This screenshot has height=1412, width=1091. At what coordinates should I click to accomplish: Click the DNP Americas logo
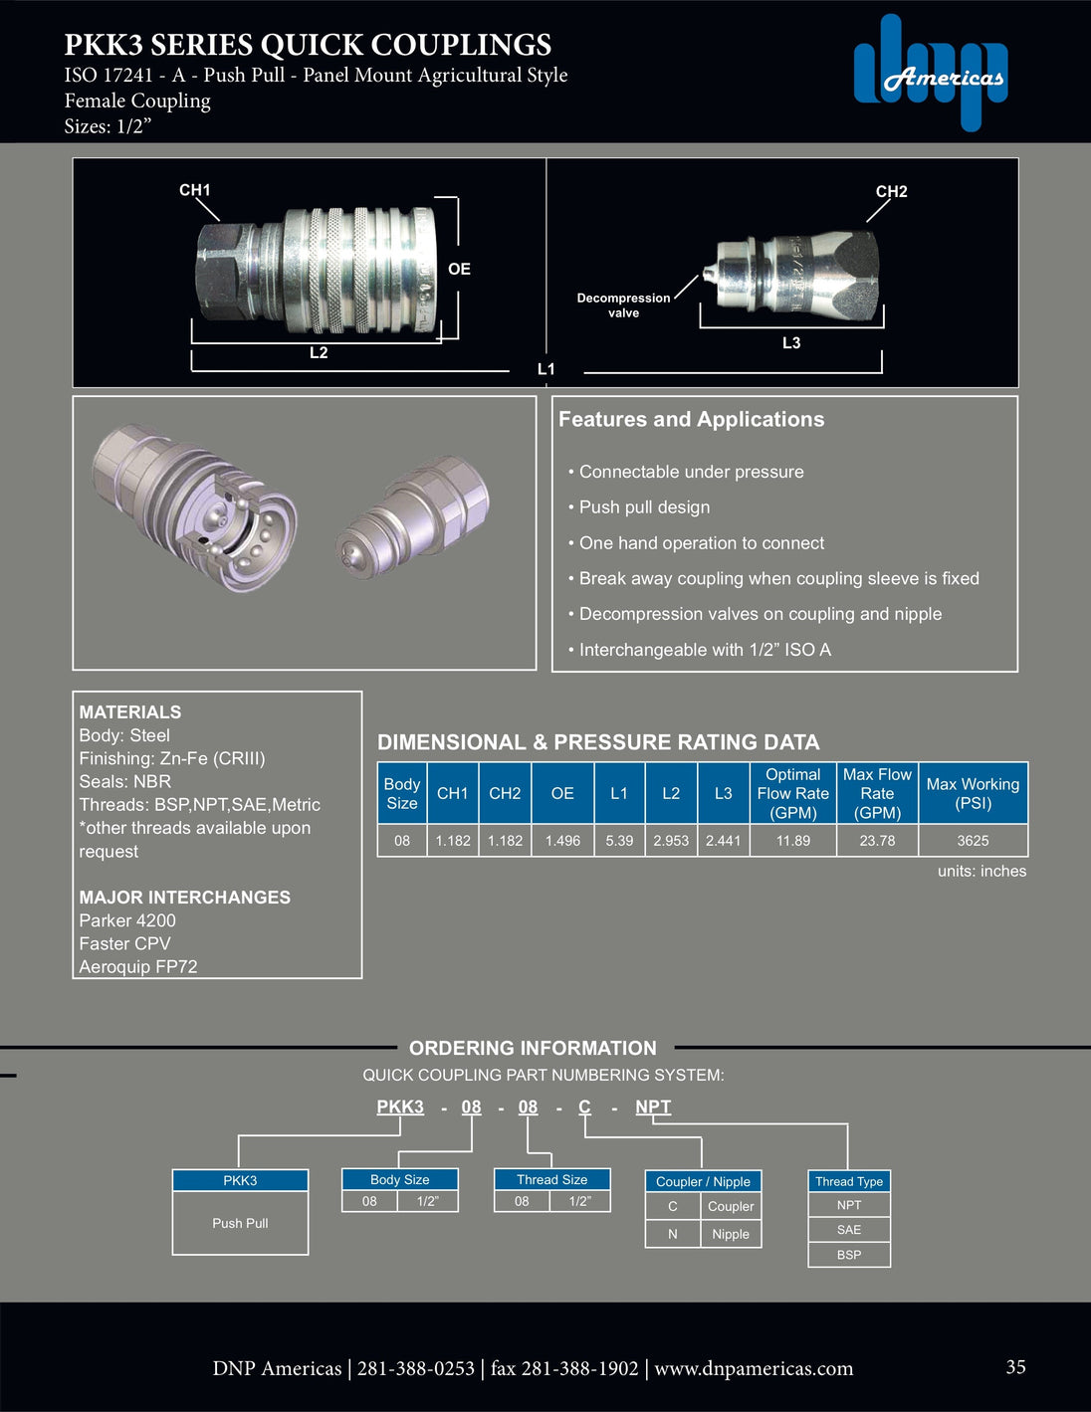pyautogui.click(x=930, y=72)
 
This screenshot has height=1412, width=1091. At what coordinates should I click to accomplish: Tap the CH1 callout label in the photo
pyautogui.click(x=194, y=190)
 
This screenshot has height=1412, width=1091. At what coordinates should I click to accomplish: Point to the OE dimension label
pyautogui.click(x=459, y=269)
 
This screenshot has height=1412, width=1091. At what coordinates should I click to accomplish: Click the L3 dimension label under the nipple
pyautogui.click(x=790, y=343)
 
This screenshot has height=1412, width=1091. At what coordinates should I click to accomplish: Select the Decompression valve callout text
pyautogui.click(x=623, y=305)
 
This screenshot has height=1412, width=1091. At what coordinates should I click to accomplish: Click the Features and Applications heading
pyautogui.click(x=691, y=420)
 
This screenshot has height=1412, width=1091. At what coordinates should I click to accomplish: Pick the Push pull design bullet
pyautogui.click(x=644, y=507)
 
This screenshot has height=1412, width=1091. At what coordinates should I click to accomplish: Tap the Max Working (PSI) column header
pyautogui.click(x=973, y=793)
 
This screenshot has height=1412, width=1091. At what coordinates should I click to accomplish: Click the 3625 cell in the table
pyautogui.click(x=973, y=841)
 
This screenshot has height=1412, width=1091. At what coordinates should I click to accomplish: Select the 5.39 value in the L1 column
pyautogui.click(x=619, y=841)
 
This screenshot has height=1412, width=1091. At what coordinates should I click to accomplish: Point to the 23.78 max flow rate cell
pyautogui.click(x=877, y=841)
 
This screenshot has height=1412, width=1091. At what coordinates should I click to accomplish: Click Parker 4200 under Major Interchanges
pyautogui.click(x=127, y=920)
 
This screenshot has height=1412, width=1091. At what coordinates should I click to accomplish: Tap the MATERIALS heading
pyautogui.click(x=130, y=712)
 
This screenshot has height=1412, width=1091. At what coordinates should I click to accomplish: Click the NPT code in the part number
pyautogui.click(x=653, y=1107)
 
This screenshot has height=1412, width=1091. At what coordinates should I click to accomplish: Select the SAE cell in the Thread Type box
pyautogui.click(x=849, y=1230)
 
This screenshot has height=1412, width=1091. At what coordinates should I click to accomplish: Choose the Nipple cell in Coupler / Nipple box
pyautogui.click(x=731, y=1234)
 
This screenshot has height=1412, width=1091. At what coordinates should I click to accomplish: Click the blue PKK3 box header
pyautogui.click(x=240, y=1181)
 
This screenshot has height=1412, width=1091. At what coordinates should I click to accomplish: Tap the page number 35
pyautogui.click(x=1015, y=1367)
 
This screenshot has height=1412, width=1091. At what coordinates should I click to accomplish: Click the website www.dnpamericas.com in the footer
pyautogui.click(x=754, y=1369)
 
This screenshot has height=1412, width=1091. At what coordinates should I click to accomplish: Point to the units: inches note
pyautogui.click(x=982, y=872)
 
